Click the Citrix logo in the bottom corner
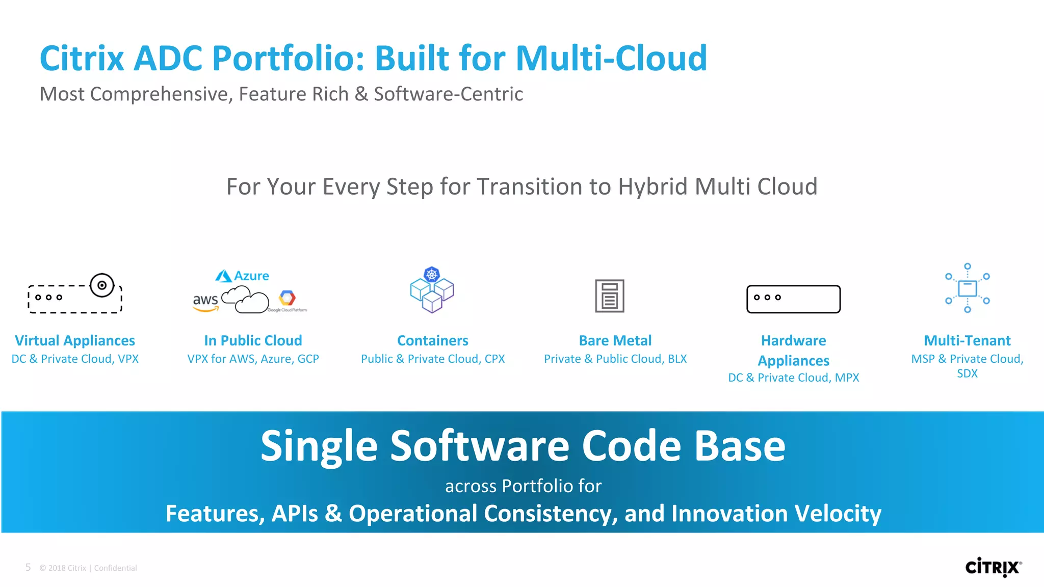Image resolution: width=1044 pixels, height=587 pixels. coord(993,567)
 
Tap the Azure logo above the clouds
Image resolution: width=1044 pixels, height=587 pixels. coord(242,276)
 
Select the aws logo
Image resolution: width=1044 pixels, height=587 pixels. coord(205,301)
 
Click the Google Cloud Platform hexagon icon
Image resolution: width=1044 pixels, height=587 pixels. coord(287,298)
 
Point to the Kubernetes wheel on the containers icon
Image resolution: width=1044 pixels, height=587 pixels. coord(432,274)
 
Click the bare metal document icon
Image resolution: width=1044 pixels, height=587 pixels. coord(609,296)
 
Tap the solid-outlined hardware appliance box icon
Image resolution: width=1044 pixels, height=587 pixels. coord(793,299)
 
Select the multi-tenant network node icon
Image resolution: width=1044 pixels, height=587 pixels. coord(967,288)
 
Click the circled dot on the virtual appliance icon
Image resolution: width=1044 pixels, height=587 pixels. coord(102,285)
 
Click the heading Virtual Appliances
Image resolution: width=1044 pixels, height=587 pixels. coord(75,340)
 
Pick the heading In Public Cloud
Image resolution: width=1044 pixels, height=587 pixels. coord(253,340)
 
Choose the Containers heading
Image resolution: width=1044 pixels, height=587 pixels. coord(432,340)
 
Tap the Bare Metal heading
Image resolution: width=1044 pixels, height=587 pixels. coord(615,340)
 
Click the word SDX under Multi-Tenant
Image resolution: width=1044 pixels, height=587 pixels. coord(967,373)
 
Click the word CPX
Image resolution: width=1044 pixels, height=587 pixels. coord(494,359)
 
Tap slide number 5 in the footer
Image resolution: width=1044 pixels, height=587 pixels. coord(28,567)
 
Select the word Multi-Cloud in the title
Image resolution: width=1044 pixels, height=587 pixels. coord(611,58)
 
